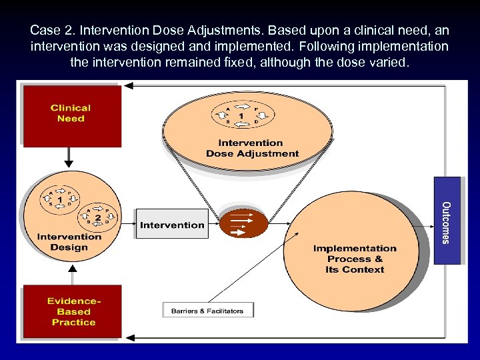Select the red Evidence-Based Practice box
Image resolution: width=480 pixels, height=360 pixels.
[73, 312]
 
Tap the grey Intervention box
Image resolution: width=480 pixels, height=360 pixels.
[172, 225]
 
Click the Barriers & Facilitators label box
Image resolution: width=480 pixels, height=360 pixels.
[207, 311]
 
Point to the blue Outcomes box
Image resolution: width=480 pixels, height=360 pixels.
[447, 221]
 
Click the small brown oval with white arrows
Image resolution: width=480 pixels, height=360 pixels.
[243, 223]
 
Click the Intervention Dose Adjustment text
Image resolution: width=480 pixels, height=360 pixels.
[252, 148]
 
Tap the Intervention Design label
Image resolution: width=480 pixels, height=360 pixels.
[69, 242]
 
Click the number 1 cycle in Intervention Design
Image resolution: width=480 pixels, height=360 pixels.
[60, 199]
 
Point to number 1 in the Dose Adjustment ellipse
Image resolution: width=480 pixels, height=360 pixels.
[241, 116]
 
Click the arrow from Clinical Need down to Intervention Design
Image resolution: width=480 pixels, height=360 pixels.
[69, 157]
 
